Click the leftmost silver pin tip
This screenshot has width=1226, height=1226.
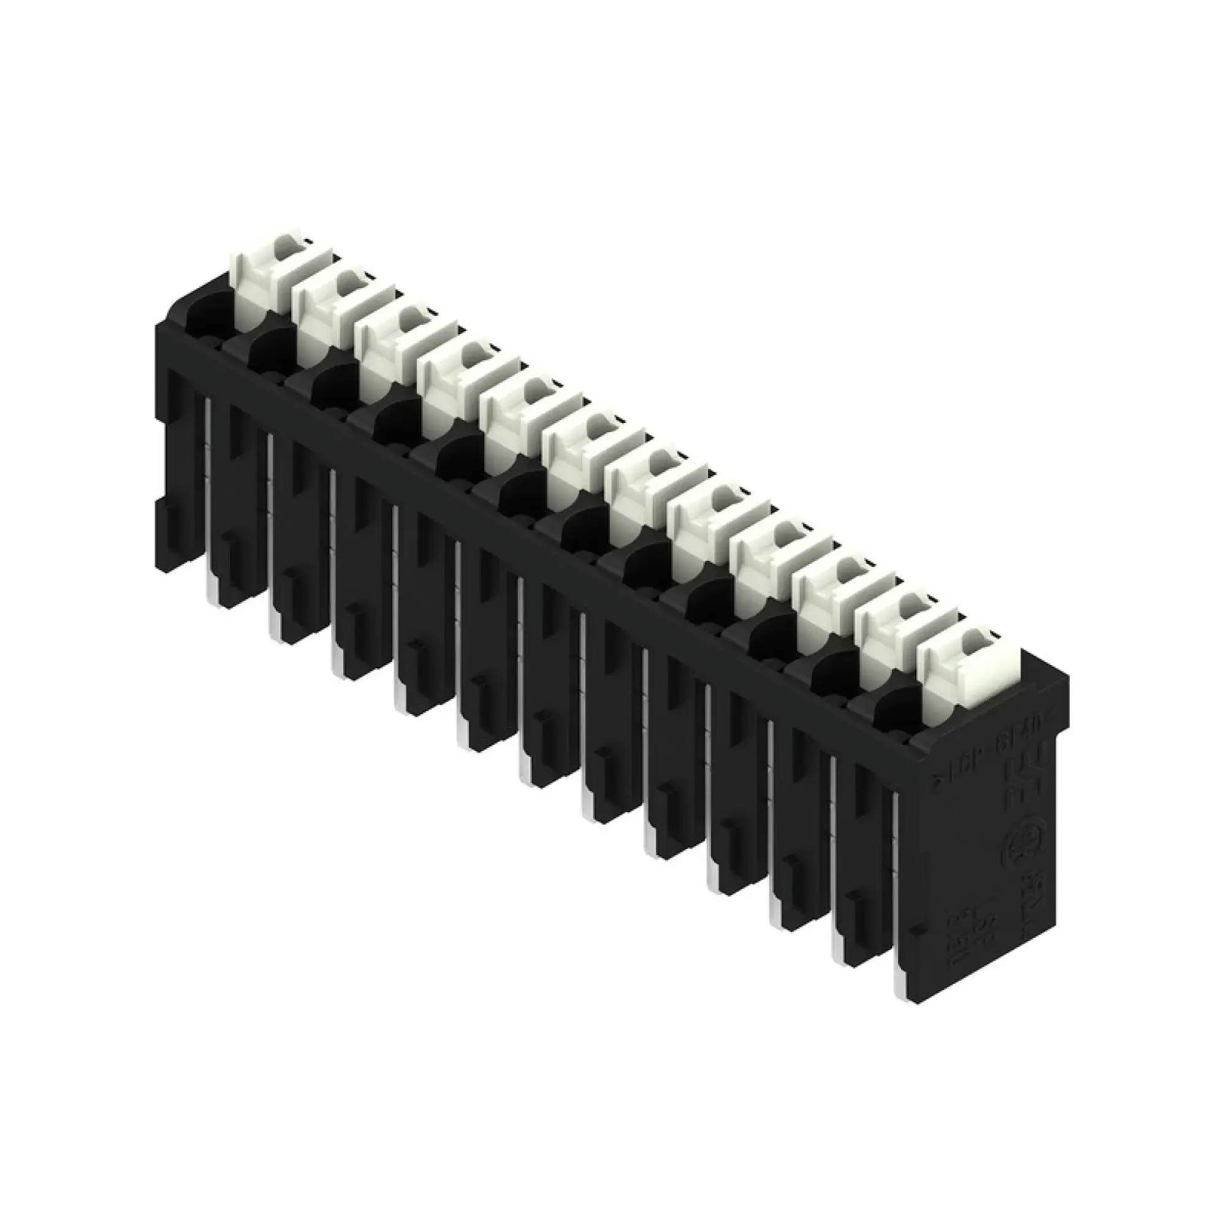pyautogui.click(x=210, y=590)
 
